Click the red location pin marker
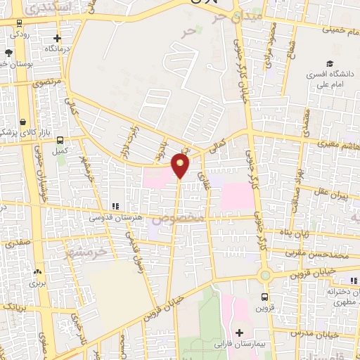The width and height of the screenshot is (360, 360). click(x=181, y=166)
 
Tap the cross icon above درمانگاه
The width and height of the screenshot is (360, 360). click(x=58, y=39)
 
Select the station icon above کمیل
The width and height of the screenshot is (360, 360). click(x=59, y=140)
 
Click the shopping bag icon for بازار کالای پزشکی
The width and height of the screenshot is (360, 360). click(x=22, y=121)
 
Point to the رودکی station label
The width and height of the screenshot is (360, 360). click(x=20, y=33)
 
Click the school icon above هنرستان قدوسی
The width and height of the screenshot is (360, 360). click(x=115, y=207)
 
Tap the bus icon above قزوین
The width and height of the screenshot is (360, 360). click(x=264, y=297)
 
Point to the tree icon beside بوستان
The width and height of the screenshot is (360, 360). click(x=8, y=53)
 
